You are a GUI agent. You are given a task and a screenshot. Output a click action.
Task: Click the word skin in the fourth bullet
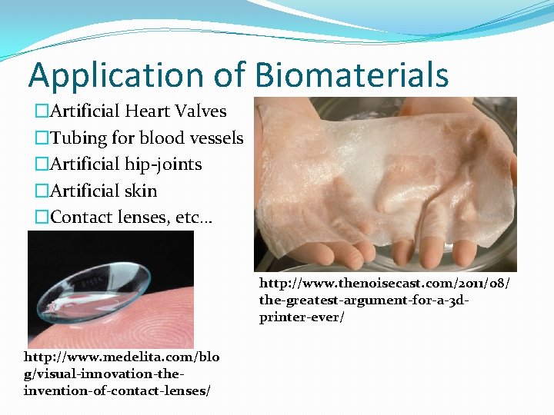coord(140,191)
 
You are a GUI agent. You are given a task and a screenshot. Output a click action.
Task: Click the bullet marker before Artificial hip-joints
coord(41,164)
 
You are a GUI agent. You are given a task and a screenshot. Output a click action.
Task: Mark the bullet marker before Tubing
coord(41,138)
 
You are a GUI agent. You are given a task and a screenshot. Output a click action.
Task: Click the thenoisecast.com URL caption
coord(383,284)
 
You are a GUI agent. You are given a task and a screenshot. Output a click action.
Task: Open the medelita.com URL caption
coord(121,357)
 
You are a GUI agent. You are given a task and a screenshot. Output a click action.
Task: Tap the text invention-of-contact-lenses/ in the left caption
coord(118,390)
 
